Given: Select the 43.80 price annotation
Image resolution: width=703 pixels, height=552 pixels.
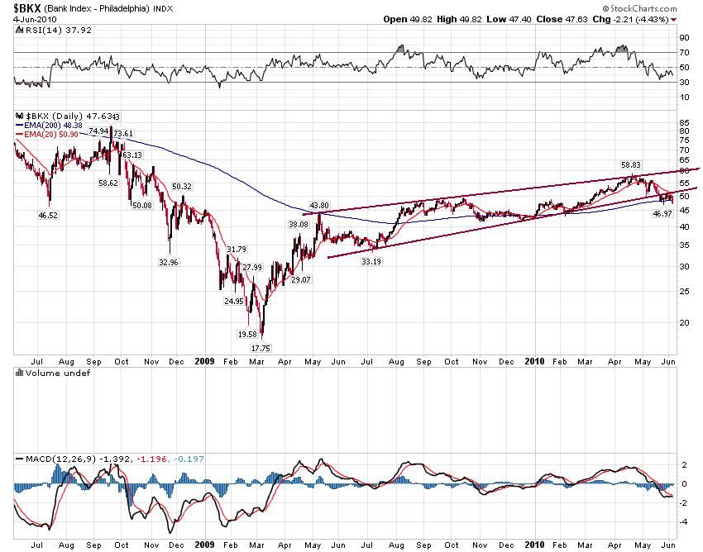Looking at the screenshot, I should (x=319, y=205).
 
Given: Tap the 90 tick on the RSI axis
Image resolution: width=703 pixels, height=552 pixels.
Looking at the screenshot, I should (x=683, y=37).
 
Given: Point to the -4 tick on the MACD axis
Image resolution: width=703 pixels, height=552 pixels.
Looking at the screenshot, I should (x=683, y=521).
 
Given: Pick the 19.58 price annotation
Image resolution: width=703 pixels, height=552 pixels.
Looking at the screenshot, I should (x=247, y=334).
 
